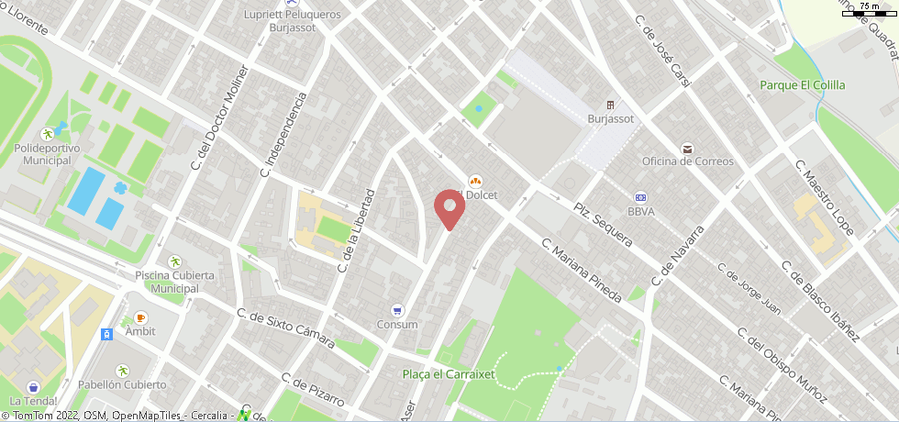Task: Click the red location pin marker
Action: pyautogui.click(x=449, y=208)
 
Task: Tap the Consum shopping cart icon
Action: pyautogui.click(x=397, y=310)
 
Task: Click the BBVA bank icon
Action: pyautogui.click(x=641, y=197)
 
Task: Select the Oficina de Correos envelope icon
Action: pyautogui.click(x=687, y=149)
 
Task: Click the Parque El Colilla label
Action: pyautogui.click(x=802, y=85)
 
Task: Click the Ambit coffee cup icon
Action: pyautogui.click(x=140, y=317)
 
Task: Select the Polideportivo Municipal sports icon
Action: pyautogui.click(x=47, y=135)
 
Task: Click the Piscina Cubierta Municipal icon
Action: pyautogui.click(x=174, y=262)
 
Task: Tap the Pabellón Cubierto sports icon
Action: pyautogui.click(x=122, y=371)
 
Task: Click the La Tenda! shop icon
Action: pyautogui.click(x=34, y=387)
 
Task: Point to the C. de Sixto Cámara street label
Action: pyautogui.click(x=285, y=328)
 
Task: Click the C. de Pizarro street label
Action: pyautogui.click(x=313, y=391)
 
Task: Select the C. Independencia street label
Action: pyautogui.click(x=282, y=134)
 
